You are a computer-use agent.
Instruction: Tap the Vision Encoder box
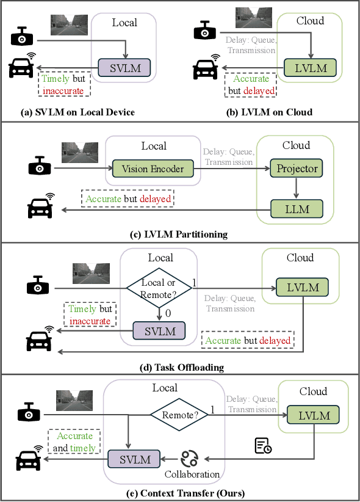pyautogui.click(x=152, y=169)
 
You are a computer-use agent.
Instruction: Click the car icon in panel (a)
pyautogui.click(x=23, y=67)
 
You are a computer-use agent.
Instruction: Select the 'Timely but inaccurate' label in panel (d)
pyautogui.click(x=90, y=315)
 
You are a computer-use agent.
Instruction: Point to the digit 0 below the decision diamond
pyautogui.click(x=168, y=313)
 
